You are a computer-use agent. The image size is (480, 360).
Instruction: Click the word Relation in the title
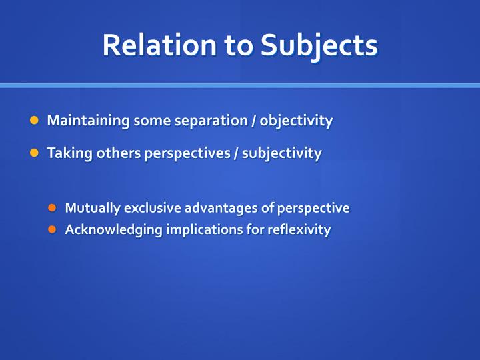(x=159, y=45)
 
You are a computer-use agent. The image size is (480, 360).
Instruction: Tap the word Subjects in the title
(x=319, y=47)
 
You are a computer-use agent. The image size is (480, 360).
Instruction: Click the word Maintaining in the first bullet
(x=88, y=121)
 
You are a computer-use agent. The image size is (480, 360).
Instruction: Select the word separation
(x=211, y=121)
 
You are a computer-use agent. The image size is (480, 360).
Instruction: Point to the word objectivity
(x=296, y=121)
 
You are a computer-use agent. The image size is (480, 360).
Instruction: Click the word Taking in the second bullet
(x=69, y=153)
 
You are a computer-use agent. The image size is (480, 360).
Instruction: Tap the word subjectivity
(x=281, y=153)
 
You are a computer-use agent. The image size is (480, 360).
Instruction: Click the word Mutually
(x=93, y=208)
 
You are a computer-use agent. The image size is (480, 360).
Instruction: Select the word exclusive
(x=153, y=208)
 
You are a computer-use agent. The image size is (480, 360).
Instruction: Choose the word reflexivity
(x=299, y=229)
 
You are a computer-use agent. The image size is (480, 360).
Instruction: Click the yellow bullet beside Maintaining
(x=34, y=120)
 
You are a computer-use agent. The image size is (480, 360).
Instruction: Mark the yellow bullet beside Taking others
(x=34, y=153)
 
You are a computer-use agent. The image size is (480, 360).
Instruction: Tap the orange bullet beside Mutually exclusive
(x=52, y=208)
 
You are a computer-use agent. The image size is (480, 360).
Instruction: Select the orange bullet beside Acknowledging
(x=52, y=229)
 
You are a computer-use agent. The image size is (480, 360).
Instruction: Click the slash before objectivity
(x=254, y=121)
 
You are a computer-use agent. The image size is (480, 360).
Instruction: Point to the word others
(x=118, y=153)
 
